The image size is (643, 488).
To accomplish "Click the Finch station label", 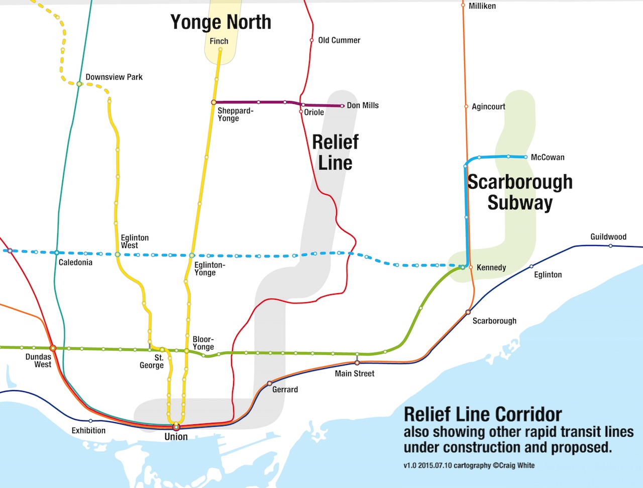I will pos(219,41).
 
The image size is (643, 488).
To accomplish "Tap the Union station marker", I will pos(176,427).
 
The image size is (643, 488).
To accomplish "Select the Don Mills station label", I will pos(363,105).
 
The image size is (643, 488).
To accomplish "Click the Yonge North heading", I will pos(221,22).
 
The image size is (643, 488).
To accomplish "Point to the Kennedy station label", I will pos(491,268).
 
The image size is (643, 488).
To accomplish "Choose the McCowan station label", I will pos(548,157).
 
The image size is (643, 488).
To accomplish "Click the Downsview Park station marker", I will pos(79,84).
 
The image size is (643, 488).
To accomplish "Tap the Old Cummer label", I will pos(339,40).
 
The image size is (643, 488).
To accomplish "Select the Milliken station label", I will pos(482,6).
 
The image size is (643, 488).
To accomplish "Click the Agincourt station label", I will pos(488,106).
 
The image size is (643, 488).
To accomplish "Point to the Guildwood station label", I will pos(608,237).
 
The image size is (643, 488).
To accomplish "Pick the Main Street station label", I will pos(355,374).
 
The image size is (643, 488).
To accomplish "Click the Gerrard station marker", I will pos(269,384).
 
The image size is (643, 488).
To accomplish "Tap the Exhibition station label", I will pos(88,430).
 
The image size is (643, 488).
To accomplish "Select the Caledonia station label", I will pos(75,263).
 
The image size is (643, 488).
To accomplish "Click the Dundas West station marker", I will pos(53,348).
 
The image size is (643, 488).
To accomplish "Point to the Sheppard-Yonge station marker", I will pos(213,102).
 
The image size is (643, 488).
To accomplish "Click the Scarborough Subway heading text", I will pos(520,192).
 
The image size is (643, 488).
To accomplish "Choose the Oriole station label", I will pos(314,112).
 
